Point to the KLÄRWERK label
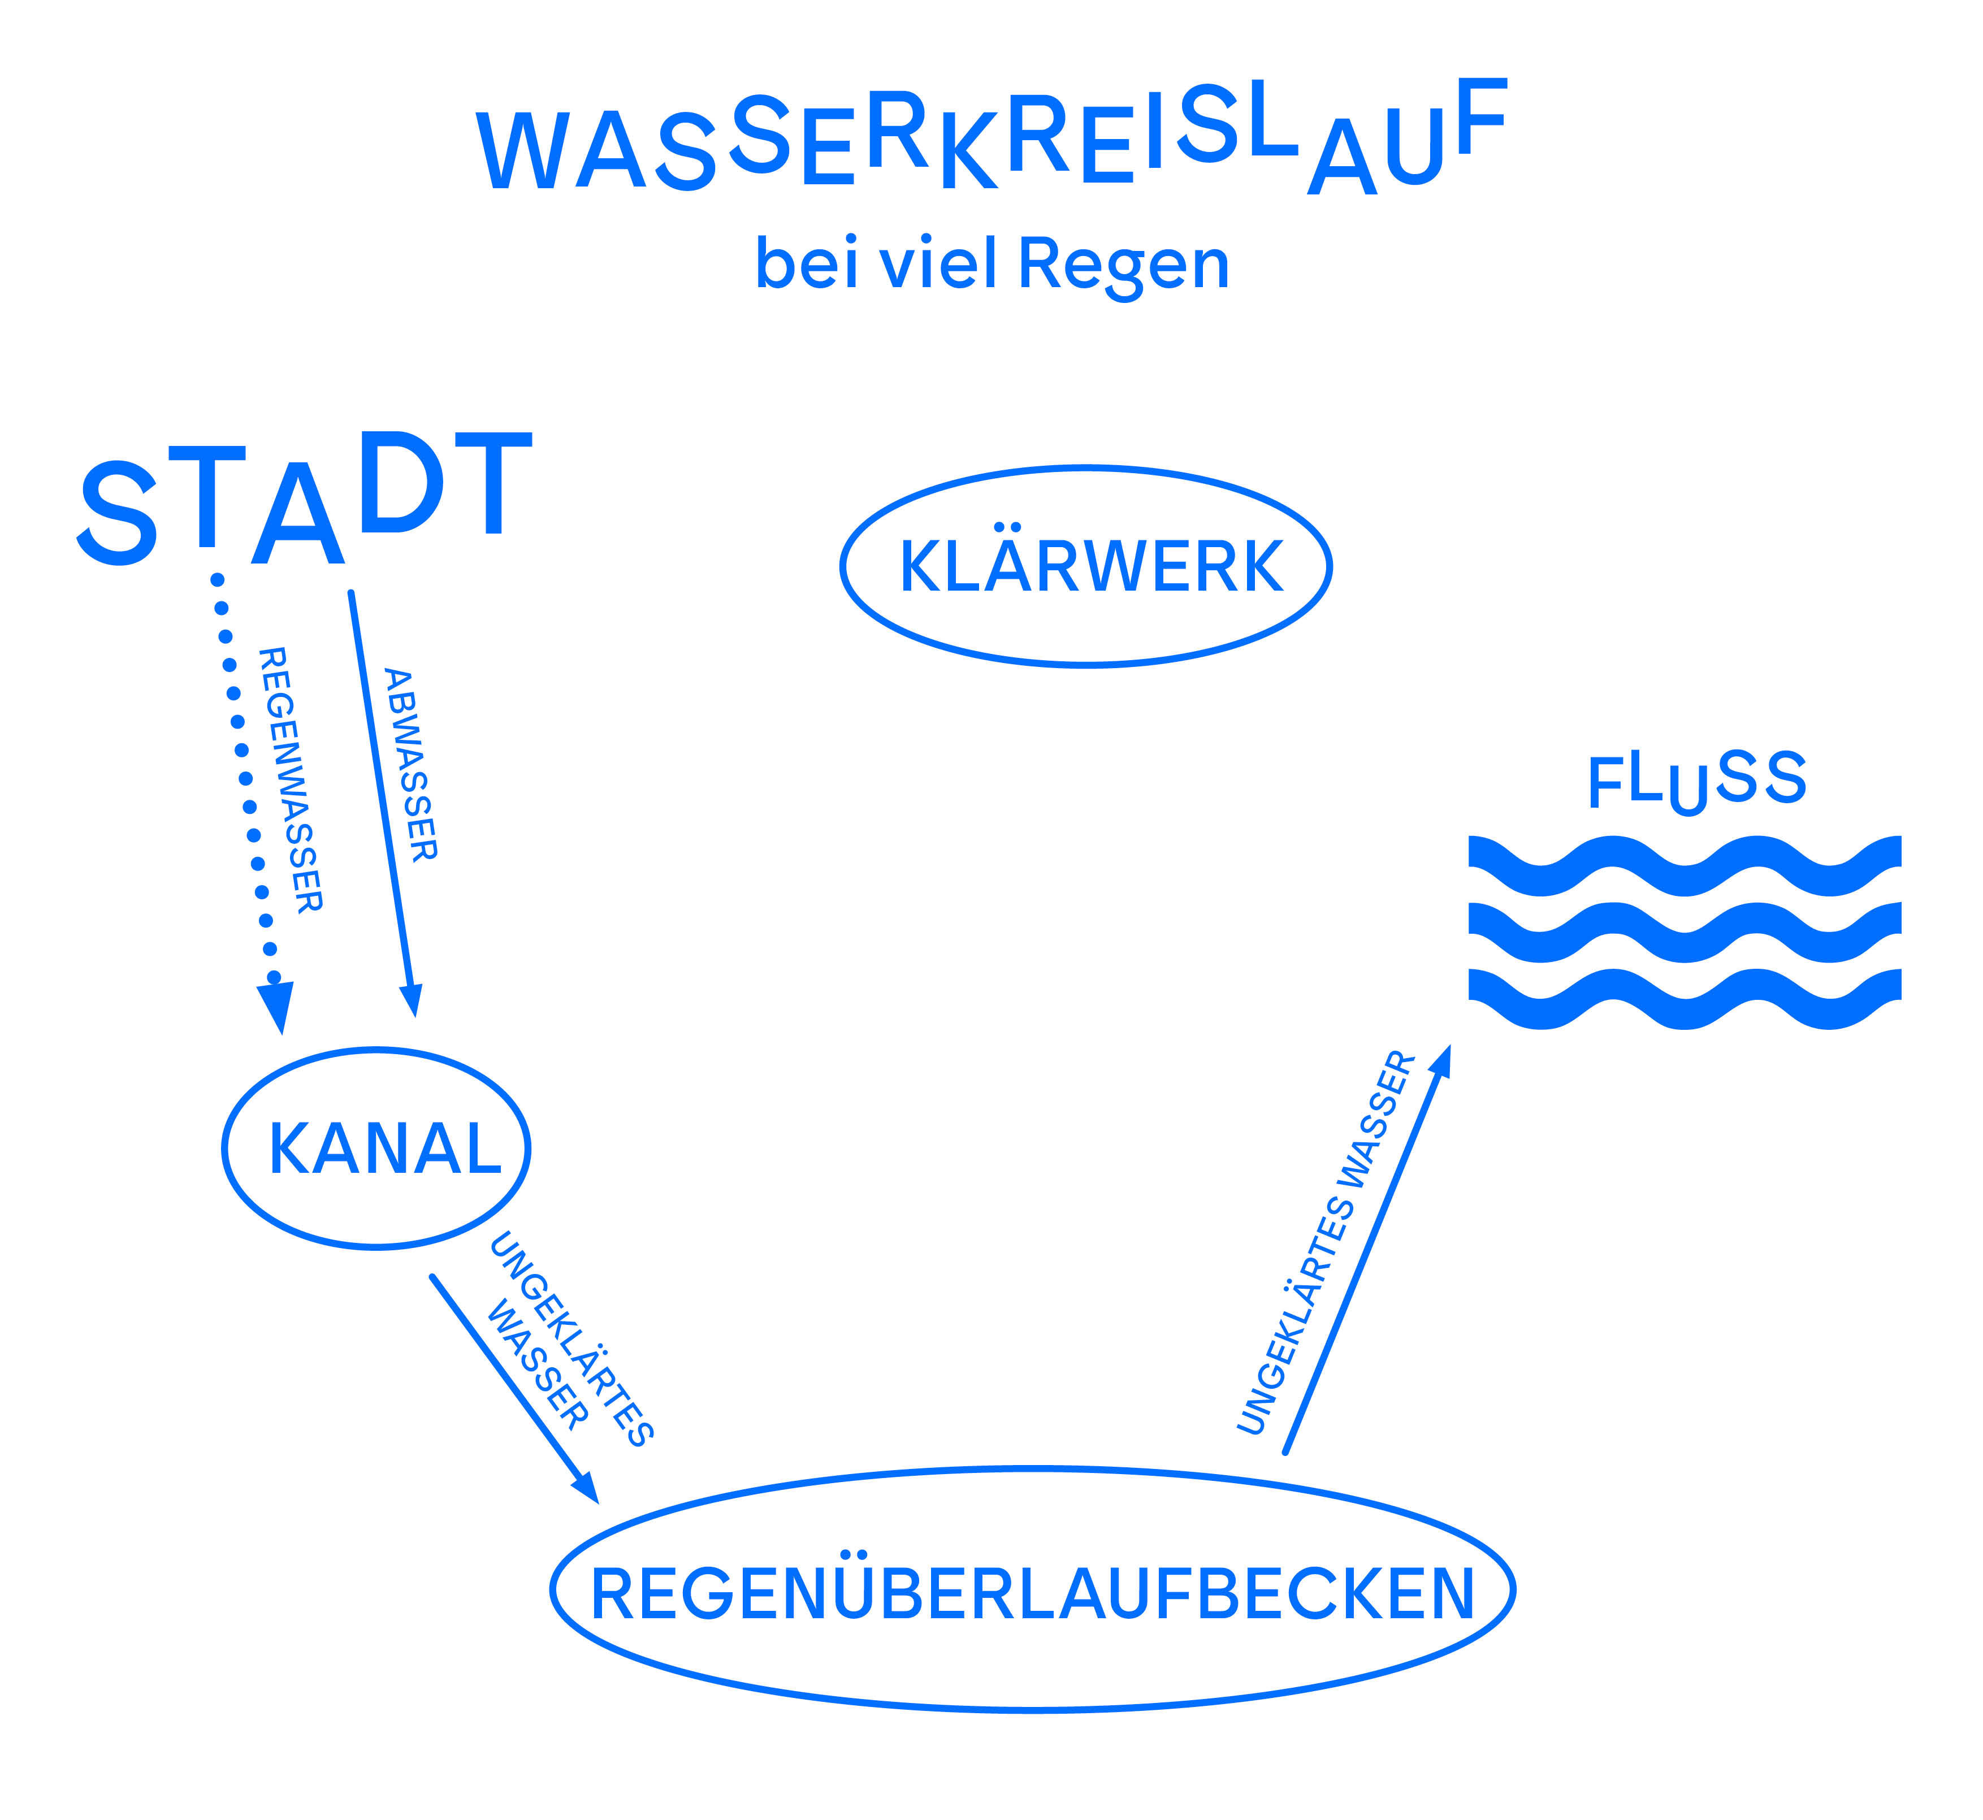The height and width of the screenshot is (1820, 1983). point(1092,567)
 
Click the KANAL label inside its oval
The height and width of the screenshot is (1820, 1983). point(385,1149)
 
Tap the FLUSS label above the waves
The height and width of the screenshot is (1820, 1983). point(1696,781)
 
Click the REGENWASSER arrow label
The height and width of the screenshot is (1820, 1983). point(289,779)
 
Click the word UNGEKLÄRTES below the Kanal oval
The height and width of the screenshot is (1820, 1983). point(571,1340)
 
